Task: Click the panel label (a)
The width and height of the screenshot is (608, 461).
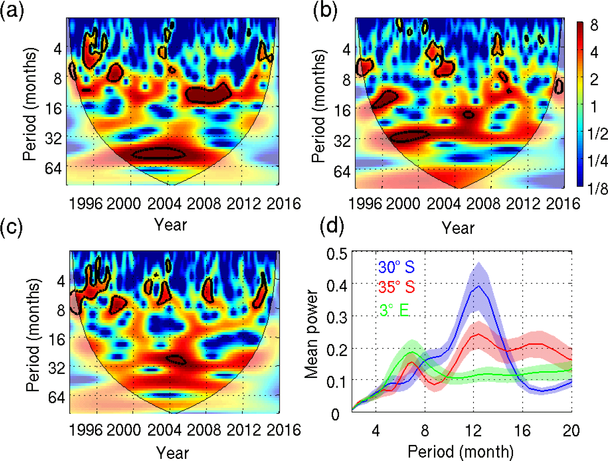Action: (x=12, y=12)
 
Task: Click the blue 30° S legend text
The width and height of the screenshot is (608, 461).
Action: (x=396, y=267)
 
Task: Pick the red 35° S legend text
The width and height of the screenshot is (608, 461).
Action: (x=397, y=287)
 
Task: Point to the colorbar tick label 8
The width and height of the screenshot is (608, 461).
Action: (x=594, y=25)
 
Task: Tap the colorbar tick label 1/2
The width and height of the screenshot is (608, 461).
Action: (x=597, y=134)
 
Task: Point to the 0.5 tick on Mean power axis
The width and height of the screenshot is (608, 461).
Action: (x=337, y=253)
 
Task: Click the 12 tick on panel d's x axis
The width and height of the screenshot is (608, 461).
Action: (x=473, y=431)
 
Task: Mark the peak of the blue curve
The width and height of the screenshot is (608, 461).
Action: (x=479, y=286)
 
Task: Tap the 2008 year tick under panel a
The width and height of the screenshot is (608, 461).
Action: (x=204, y=203)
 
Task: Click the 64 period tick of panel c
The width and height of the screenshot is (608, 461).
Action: (x=56, y=397)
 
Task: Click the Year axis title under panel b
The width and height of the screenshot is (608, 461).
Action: (x=458, y=228)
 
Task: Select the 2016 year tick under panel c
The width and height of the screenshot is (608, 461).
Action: (x=284, y=430)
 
